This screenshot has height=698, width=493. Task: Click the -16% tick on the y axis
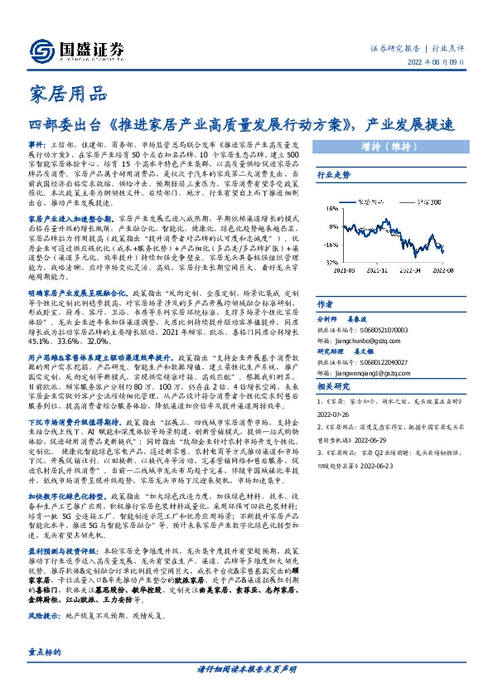330,245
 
